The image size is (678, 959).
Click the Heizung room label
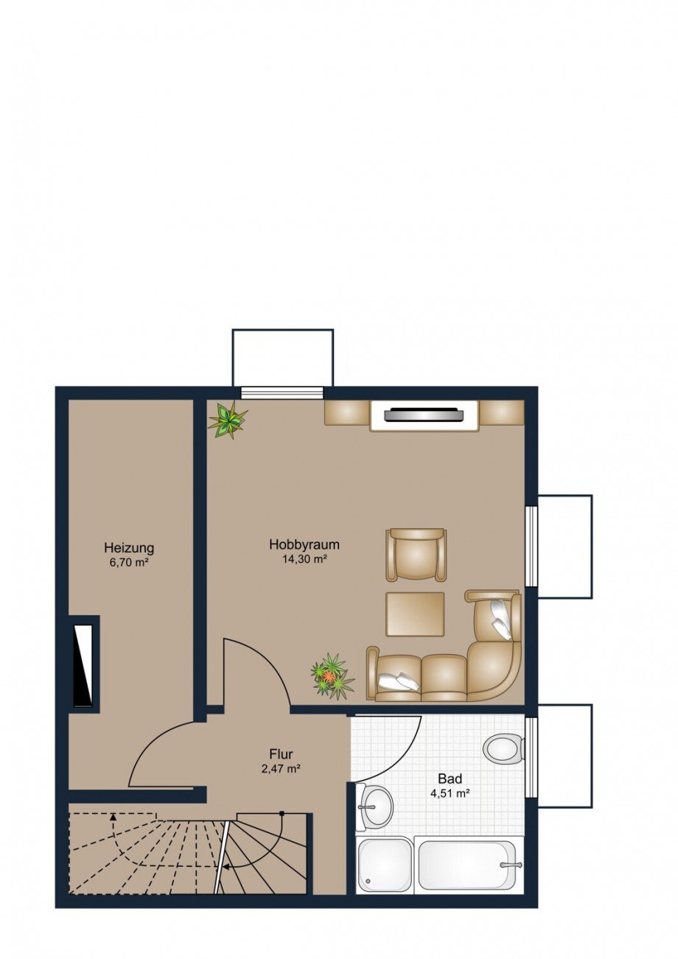pyautogui.click(x=129, y=547)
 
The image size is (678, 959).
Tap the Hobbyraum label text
pyautogui.click(x=304, y=544)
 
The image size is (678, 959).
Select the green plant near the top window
pyautogui.click(x=228, y=420)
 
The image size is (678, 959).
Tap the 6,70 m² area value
pyautogui.click(x=129, y=562)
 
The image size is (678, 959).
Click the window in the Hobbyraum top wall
pyautogui.click(x=282, y=393)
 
